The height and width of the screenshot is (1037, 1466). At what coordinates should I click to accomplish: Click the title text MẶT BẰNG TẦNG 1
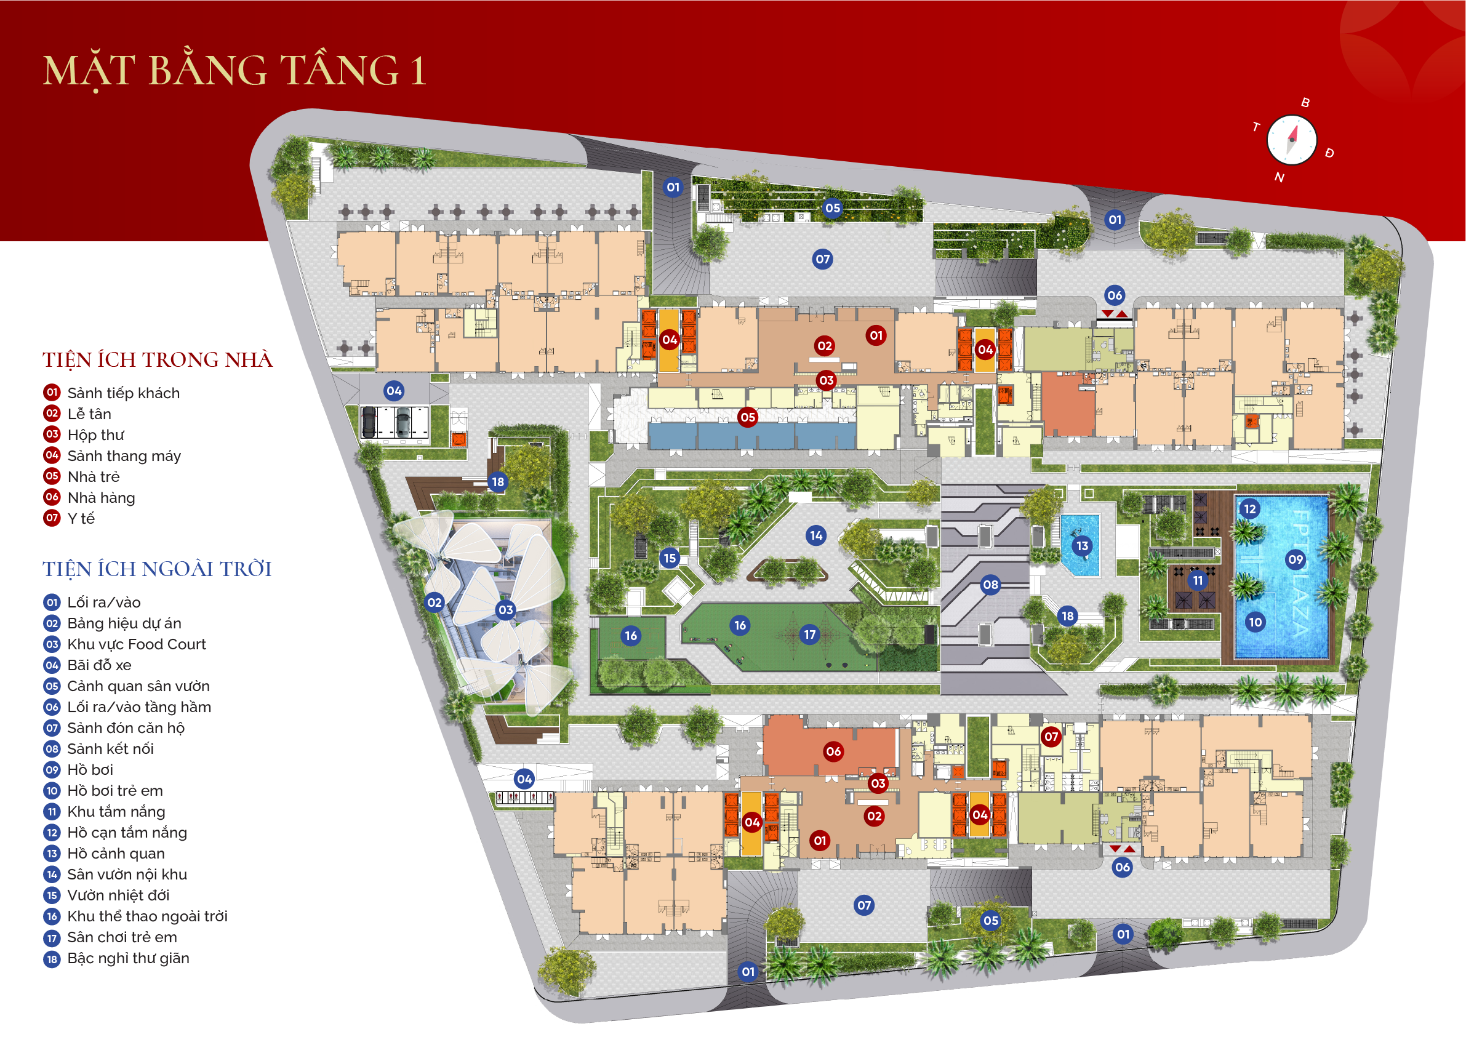click(234, 70)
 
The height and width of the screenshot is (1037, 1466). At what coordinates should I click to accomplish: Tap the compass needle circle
click(1291, 140)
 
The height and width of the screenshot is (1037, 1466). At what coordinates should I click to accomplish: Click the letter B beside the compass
click(1305, 103)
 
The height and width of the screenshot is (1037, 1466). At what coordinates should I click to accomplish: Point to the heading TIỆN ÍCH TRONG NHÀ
click(158, 360)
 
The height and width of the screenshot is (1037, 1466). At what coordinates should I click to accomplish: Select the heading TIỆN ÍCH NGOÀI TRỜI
click(157, 569)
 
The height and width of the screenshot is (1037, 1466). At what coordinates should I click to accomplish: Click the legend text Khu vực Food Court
click(137, 644)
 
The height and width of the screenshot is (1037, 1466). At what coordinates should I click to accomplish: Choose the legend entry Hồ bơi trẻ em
click(115, 791)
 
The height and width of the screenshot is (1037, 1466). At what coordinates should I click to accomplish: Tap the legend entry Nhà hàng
click(101, 497)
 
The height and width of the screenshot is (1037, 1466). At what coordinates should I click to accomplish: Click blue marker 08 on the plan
click(990, 584)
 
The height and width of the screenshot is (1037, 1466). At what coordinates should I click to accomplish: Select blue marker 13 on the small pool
click(1082, 546)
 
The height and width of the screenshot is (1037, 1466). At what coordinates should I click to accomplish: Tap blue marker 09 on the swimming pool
click(1296, 560)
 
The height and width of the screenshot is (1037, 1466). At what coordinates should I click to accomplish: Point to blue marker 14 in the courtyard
click(816, 535)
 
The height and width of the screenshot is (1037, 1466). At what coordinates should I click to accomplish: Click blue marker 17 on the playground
click(809, 634)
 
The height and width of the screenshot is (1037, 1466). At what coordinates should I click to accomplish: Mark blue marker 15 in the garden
click(669, 558)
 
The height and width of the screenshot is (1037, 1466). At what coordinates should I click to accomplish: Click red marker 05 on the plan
click(748, 417)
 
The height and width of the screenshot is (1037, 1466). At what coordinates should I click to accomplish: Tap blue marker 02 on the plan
click(434, 602)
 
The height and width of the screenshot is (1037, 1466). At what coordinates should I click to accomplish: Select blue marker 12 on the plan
click(1249, 509)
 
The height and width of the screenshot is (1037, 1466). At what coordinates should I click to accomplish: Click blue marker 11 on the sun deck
click(1198, 580)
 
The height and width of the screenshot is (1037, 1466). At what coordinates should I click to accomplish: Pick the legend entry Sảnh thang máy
click(124, 456)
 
